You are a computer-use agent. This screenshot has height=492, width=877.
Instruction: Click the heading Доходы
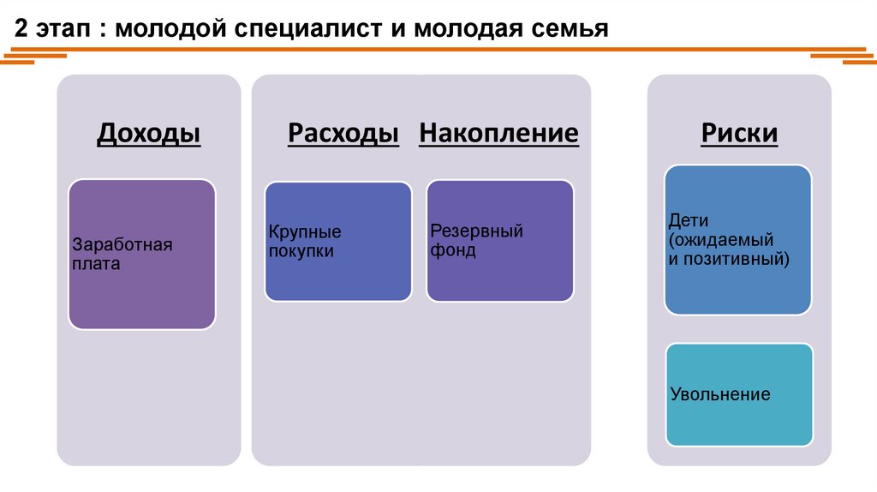[x=149, y=134]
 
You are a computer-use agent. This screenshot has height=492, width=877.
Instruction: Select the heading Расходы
[x=343, y=134]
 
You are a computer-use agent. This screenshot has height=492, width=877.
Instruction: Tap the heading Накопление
[x=498, y=134]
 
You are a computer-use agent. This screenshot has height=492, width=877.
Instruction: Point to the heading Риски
[x=739, y=134]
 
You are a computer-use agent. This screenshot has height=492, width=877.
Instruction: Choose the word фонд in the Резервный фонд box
[x=453, y=251]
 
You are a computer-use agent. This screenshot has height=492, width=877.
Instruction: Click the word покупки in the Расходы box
[x=301, y=252]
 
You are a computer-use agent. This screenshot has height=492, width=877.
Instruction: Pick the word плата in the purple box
[x=96, y=265]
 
